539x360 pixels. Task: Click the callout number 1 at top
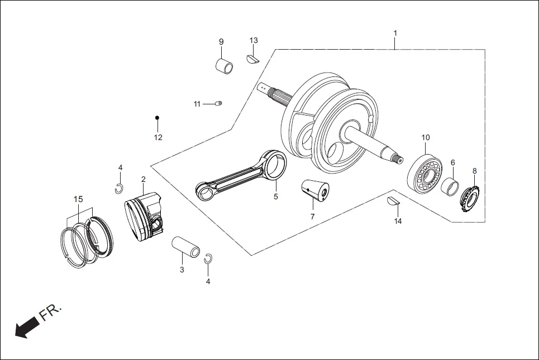pyautogui.click(x=395, y=33)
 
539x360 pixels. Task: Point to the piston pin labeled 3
pyautogui.click(x=185, y=247)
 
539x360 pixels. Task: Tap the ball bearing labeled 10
pyautogui.click(x=424, y=173)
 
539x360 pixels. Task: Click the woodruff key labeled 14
pyautogui.click(x=393, y=201)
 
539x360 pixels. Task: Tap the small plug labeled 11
pyautogui.click(x=219, y=103)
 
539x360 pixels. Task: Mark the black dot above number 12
pyautogui.click(x=158, y=118)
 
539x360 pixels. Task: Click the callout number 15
pyautogui.click(x=78, y=199)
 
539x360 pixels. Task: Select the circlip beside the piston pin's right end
pyautogui.click(x=208, y=258)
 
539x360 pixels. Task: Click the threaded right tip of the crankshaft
pyautogui.click(x=398, y=159)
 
